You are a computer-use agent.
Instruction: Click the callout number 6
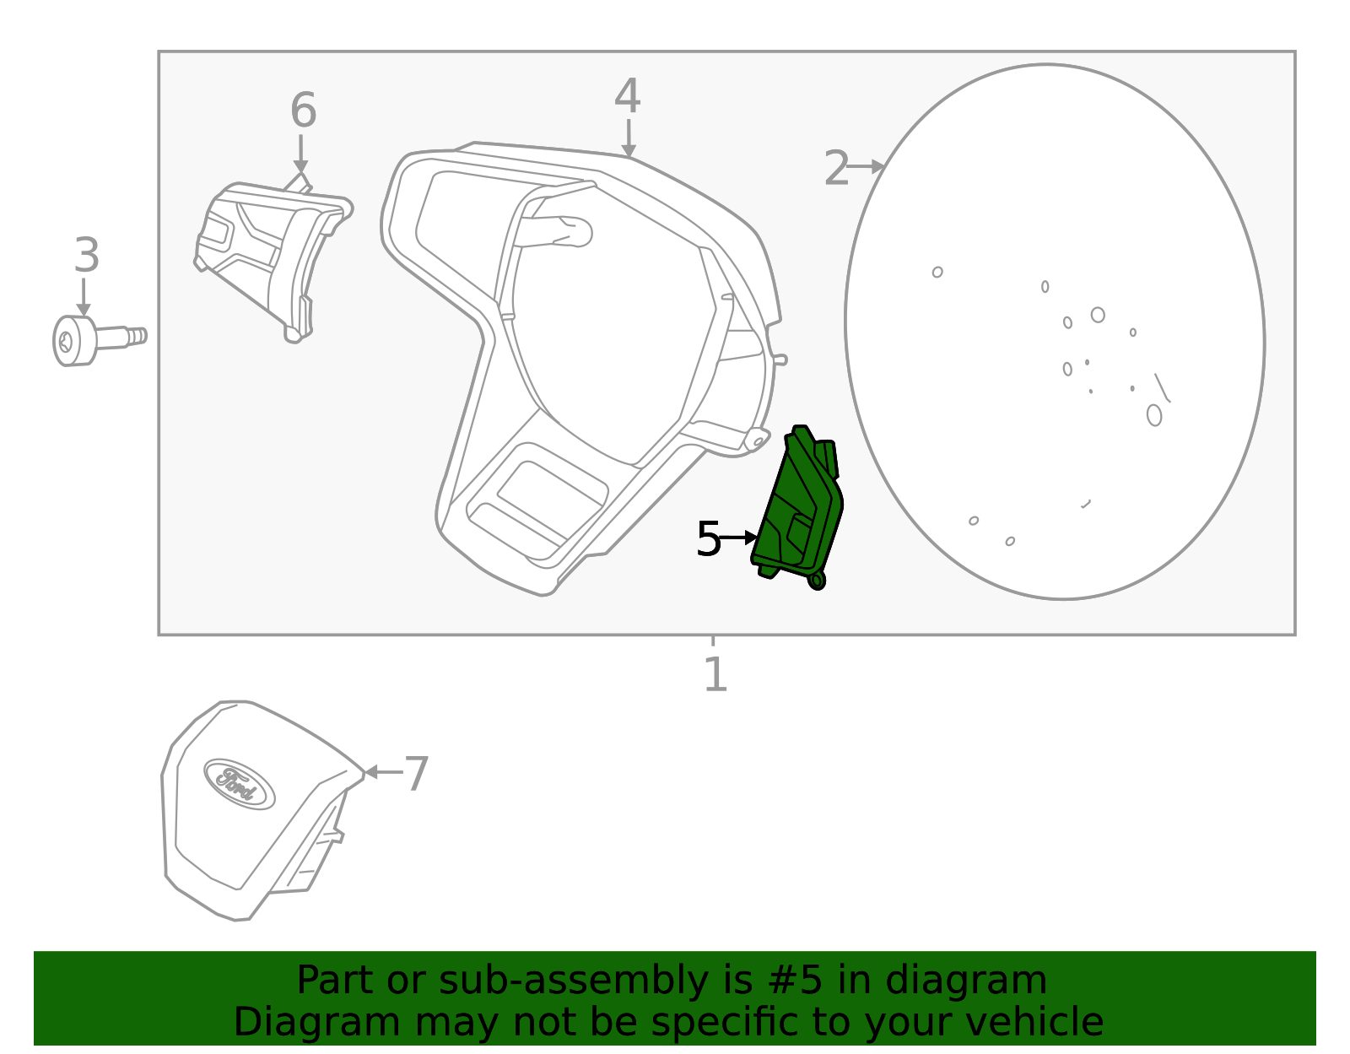tap(303, 111)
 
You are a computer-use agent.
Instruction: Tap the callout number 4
tap(627, 97)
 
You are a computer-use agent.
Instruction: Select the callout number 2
tap(835, 169)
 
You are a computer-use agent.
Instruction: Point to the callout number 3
tap(86, 256)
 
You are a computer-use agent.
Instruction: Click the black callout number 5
tap(708, 539)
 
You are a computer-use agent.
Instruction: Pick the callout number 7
tap(417, 774)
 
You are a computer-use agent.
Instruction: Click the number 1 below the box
tap(715, 675)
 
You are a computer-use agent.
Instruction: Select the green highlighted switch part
tap(797, 506)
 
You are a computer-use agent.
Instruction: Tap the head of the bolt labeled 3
tap(72, 341)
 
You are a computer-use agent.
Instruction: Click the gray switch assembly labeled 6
tap(270, 253)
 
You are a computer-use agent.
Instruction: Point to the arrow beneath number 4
tap(629, 139)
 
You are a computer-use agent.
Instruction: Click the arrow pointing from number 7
tap(381, 771)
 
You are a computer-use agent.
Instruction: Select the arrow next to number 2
tap(866, 167)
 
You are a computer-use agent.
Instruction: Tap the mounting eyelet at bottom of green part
tap(816, 581)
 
